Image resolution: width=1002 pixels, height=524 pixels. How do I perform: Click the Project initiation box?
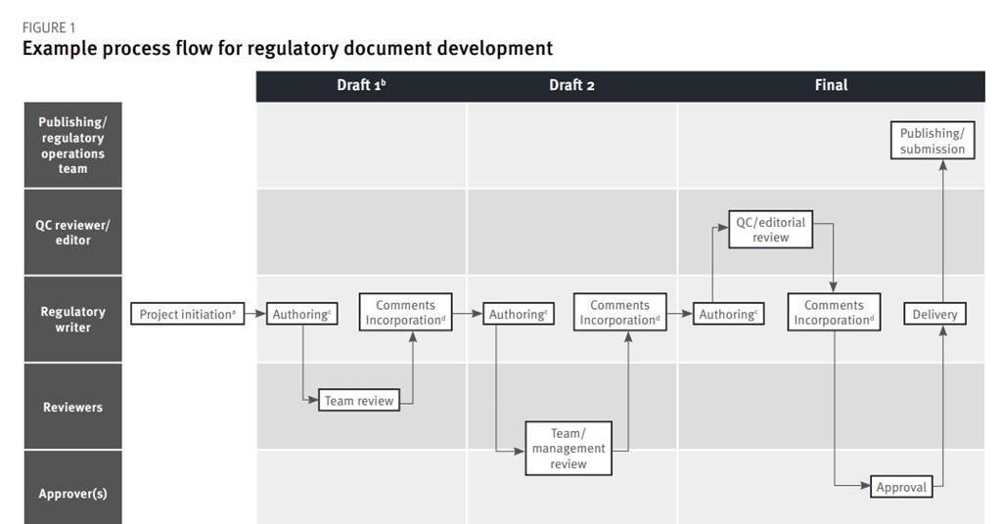[x=187, y=314]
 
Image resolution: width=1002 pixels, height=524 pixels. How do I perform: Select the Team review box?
[x=359, y=400]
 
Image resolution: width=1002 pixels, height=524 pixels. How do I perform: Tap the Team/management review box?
[x=569, y=449]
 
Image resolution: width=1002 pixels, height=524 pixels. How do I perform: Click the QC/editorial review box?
[x=771, y=230]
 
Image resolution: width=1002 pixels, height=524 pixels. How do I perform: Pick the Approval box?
[x=901, y=486]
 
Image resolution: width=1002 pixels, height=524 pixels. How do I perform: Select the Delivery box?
[x=934, y=314]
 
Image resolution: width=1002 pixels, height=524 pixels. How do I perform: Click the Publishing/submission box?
[x=933, y=141]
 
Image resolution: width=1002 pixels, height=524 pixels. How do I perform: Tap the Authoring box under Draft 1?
[x=302, y=314]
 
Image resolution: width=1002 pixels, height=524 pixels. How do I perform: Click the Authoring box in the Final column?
[x=728, y=314]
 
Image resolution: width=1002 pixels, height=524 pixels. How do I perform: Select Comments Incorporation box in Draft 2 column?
[x=619, y=313]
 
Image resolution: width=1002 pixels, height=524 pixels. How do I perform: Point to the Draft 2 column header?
[x=571, y=85]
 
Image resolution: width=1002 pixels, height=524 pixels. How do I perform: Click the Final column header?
[x=831, y=85]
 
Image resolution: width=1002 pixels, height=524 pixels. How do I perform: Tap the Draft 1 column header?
[x=361, y=85]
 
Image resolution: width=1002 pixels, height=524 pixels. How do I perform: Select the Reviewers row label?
[x=72, y=407]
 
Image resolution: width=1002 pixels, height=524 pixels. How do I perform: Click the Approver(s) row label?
[x=72, y=493]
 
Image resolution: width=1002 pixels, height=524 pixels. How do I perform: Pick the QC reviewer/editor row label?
[x=72, y=232]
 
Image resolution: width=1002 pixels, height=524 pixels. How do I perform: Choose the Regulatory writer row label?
[x=72, y=319]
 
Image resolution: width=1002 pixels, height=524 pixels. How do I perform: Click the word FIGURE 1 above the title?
[x=49, y=27]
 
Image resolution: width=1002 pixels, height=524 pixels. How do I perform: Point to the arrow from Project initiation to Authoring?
[x=255, y=314]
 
